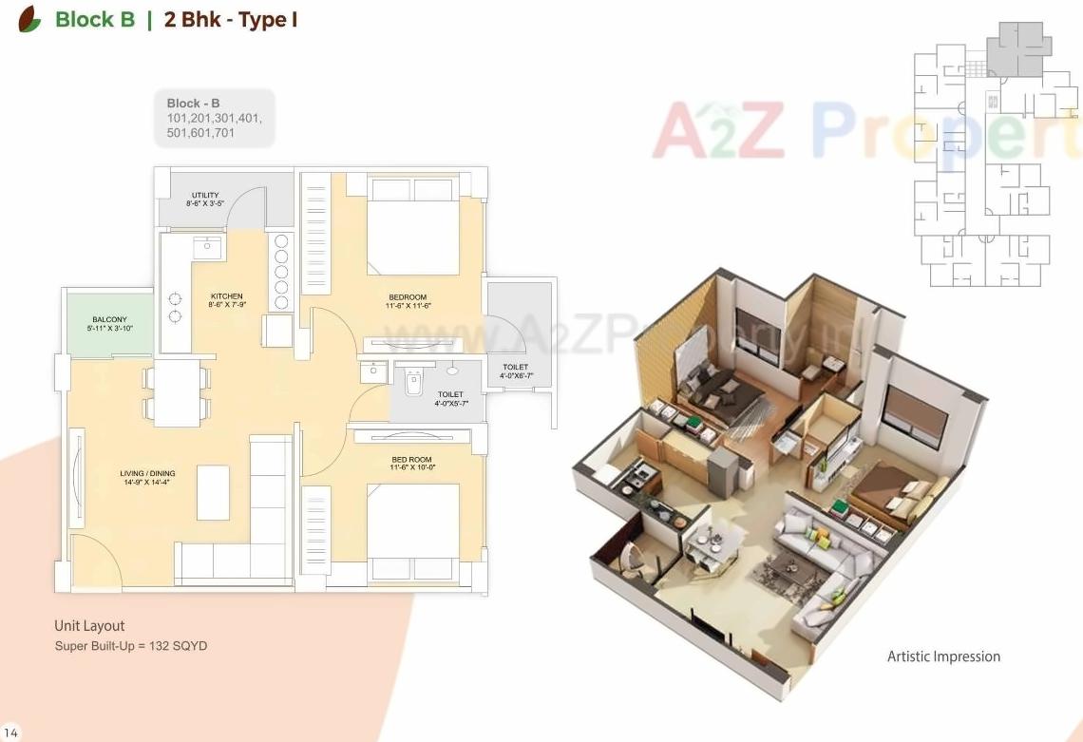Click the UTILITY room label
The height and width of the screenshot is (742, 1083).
click(205, 200)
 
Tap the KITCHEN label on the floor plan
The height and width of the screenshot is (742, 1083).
click(227, 301)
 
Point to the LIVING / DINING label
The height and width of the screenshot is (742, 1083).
click(147, 478)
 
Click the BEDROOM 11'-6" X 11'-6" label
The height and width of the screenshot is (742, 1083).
click(408, 301)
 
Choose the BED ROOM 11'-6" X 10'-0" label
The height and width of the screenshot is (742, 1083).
click(411, 464)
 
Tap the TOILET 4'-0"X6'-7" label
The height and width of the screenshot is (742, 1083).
click(516, 371)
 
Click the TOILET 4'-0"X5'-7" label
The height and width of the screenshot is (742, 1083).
click(450, 399)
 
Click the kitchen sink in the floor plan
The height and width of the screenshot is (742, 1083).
click(207, 248)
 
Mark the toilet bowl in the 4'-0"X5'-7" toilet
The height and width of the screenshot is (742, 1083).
click(412, 384)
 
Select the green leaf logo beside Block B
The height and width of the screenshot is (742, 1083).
click(29, 19)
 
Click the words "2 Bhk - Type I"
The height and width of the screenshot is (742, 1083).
click(231, 20)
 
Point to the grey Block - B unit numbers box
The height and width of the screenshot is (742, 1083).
click(214, 119)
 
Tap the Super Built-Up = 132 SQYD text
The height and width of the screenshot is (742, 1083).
click(131, 646)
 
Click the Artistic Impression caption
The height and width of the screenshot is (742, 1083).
click(943, 656)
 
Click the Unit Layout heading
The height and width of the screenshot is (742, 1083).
click(89, 626)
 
